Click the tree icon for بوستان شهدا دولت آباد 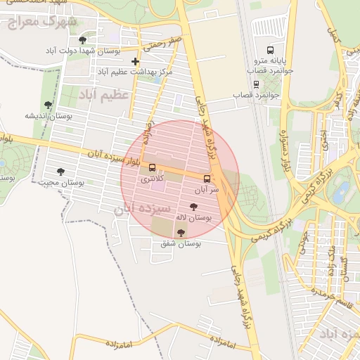click(84, 40)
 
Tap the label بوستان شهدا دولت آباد click(84, 52)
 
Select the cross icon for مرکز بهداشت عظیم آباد click(135, 62)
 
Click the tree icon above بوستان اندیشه click(48, 105)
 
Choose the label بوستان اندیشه click(47, 116)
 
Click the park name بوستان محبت click(61, 182)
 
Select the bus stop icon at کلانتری click(153, 167)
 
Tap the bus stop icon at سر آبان click(207, 179)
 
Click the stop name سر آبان click(207, 190)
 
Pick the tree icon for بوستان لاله click(193, 207)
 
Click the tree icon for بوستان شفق click(181, 233)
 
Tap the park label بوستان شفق click(181, 244)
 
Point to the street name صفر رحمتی click(163, 43)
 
